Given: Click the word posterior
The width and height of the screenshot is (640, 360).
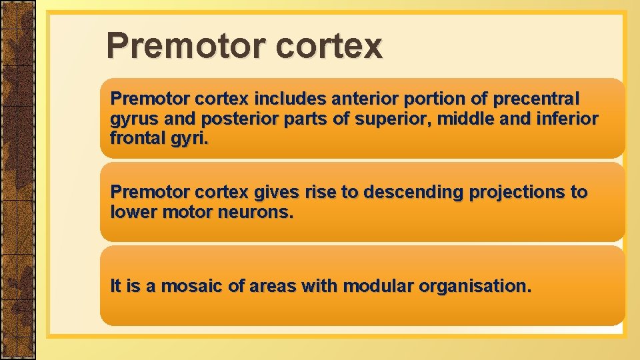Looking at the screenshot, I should tap(237, 120).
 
